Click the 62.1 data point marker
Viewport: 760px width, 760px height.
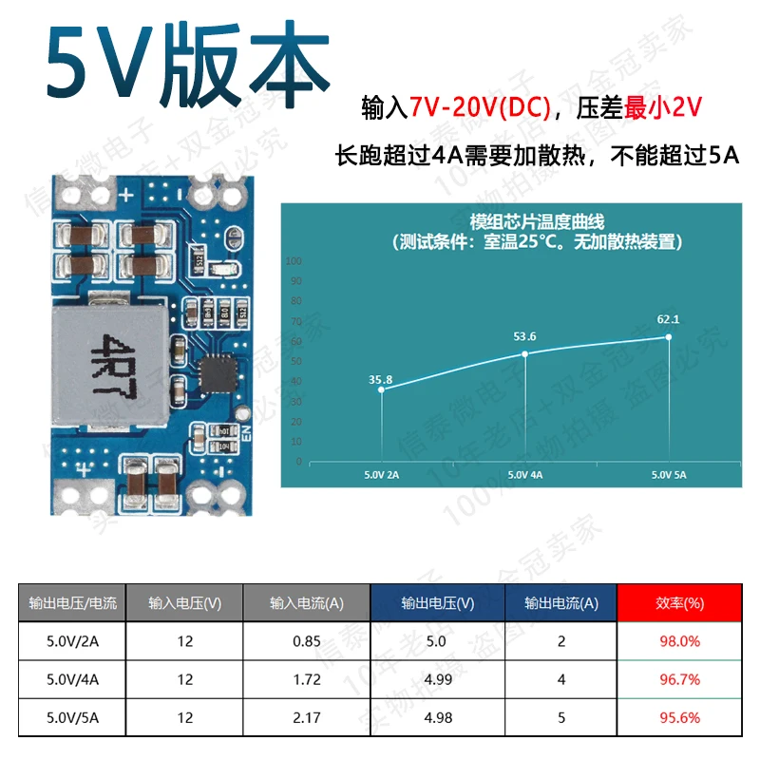coord(669,337)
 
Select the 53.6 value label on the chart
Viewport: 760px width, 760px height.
coord(525,336)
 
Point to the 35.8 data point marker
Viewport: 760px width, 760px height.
coord(381,389)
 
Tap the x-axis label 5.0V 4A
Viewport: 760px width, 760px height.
coord(524,474)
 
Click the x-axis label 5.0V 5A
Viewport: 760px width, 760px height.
coord(668,474)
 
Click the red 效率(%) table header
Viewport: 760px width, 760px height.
coord(679,602)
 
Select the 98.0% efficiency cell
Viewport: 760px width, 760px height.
coord(679,641)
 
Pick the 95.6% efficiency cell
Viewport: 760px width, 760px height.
coord(679,717)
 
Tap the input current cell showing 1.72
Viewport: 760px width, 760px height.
coord(307,679)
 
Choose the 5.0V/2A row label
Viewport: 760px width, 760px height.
coord(72,641)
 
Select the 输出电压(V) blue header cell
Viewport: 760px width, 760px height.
coord(438,602)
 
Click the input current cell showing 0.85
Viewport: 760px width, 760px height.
coord(307,641)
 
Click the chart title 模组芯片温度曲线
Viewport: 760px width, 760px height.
coord(511,221)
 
